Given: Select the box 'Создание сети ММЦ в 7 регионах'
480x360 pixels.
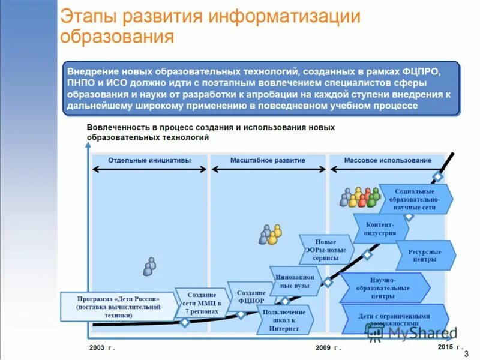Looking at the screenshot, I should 202,303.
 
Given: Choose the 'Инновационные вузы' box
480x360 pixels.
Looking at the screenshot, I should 293,282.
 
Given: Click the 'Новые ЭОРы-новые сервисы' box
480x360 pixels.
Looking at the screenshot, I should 326,250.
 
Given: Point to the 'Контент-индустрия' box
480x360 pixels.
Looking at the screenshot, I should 380,229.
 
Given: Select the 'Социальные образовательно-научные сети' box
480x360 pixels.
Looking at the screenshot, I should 415,199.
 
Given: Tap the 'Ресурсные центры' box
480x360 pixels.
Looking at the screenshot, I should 424,256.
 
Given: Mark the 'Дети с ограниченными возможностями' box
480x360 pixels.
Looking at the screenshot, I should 394,319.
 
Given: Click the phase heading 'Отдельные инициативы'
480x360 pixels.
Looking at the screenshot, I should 149,160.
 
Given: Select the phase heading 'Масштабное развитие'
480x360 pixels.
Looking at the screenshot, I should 268,160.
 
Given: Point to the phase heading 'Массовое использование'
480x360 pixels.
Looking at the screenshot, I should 388,160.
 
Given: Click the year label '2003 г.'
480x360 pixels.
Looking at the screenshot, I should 101,347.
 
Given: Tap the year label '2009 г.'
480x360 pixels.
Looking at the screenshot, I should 328,347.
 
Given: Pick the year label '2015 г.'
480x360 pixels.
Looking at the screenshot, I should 450,347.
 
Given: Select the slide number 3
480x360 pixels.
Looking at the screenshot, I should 466,353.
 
